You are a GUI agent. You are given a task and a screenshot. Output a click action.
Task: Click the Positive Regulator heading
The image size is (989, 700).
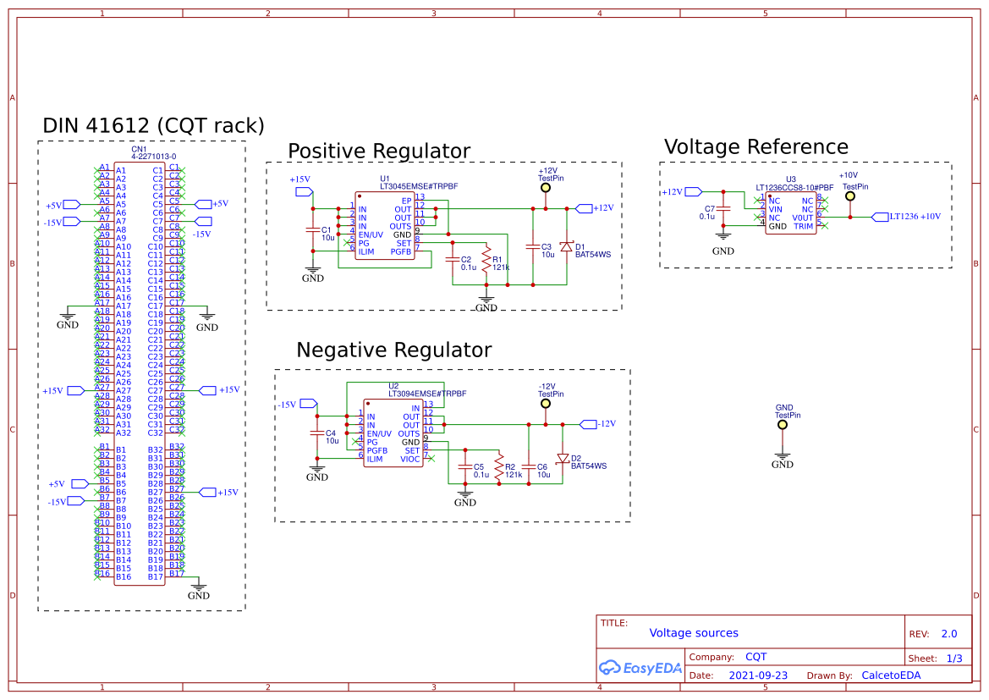click(378, 152)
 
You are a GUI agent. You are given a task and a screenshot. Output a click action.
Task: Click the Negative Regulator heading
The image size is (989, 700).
click(393, 350)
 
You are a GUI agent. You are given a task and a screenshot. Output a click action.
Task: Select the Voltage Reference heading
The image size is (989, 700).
click(755, 147)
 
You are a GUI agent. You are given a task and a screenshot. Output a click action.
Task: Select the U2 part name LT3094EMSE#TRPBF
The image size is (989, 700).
click(427, 394)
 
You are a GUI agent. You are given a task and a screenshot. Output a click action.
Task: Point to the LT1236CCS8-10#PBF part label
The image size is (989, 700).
click(794, 187)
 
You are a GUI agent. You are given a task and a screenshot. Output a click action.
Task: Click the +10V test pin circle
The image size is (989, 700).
click(850, 196)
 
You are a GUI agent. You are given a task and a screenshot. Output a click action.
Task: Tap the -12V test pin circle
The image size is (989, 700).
click(546, 404)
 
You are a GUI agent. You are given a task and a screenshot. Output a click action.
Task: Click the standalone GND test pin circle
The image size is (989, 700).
click(783, 426)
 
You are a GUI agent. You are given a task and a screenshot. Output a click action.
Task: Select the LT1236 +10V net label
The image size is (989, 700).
click(915, 217)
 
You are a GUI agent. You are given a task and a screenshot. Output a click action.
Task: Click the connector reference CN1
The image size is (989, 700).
click(139, 149)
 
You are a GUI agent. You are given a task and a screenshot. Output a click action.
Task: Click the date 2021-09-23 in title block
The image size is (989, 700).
click(759, 675)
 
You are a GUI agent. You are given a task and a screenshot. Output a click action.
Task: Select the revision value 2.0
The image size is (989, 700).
click(949, 634)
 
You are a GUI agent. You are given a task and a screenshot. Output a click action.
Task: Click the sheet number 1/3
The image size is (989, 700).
click(954, 659)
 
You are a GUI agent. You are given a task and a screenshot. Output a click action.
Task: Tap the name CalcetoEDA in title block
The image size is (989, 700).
click(891, 675)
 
